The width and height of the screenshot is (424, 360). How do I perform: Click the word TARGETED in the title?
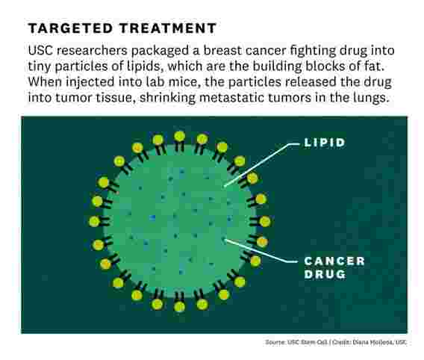[x=70, y=28]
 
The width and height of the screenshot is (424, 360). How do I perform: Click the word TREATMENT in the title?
[x=168, y=28]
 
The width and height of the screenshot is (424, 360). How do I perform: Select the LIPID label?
[x=325, y=143]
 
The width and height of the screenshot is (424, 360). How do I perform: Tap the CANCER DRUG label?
[x=334, y=267]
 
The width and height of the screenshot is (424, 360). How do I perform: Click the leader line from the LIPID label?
[x=262, y=165]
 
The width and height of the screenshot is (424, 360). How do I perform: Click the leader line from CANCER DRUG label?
[x=261, y=251]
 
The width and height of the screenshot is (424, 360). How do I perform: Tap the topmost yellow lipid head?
[x=180, y=137]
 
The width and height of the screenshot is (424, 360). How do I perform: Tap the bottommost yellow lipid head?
[x=180, y=306]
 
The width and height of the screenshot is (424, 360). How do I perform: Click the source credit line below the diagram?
[x=336, y=342]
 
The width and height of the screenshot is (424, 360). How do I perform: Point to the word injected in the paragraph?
[x=90, y=82]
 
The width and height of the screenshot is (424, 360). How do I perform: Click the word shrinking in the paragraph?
[x=167, y=98]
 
